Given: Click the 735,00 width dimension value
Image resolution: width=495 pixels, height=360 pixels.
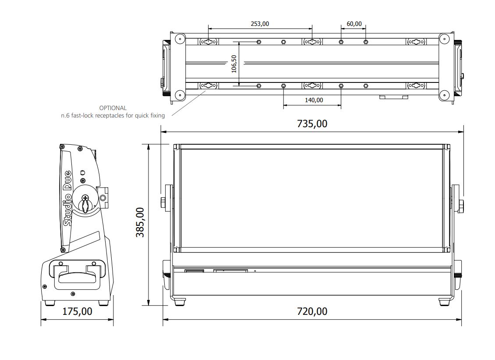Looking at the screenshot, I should (x=312, y=124).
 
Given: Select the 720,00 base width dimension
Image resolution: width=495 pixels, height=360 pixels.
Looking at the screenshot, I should (x=312, y=311).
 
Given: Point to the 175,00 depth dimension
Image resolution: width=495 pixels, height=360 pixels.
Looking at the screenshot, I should (x=78, y=311).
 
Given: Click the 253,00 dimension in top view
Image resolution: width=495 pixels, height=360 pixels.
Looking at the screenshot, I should (x=260, y=24).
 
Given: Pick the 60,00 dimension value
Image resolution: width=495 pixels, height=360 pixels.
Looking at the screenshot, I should (x=354, y=24).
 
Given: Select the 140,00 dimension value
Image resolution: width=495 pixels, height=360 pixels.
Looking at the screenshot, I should (x=314, y=100).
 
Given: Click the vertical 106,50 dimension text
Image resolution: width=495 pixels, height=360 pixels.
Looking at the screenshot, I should (x=233, y=64).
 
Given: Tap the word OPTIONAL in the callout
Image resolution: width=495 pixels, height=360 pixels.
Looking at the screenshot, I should (x=113, y=108).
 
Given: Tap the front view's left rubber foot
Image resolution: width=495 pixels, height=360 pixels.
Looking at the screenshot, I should (x=180, y=302).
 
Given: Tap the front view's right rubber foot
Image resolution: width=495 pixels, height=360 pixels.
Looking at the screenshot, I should (x=445, y=302).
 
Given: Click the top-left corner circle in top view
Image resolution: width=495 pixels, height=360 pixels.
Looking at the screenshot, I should (x=179, y=39).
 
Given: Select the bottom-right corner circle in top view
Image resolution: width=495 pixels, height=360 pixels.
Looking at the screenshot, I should (x=444, y=94).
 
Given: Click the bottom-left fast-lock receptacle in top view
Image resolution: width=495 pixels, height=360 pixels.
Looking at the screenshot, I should (x=208, y=86).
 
